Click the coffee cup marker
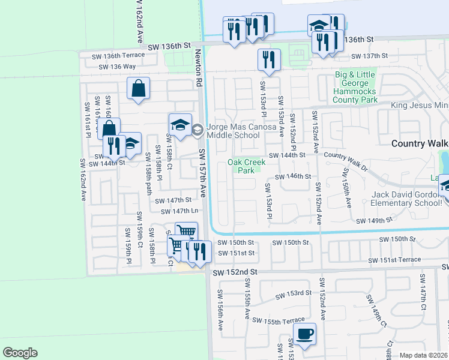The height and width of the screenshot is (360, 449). click(304, 335)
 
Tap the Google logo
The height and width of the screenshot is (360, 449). click(20, 353)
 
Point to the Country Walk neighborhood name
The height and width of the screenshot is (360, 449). click(420, 143)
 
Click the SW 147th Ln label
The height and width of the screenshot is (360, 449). click(179, 211)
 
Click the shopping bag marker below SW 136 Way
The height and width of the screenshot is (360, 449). click(139, 88)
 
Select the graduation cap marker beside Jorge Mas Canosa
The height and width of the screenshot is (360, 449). click(180, 125)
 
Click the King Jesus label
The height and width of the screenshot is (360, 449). click(420, 106)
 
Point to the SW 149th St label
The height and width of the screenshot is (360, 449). click(373, 221)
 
